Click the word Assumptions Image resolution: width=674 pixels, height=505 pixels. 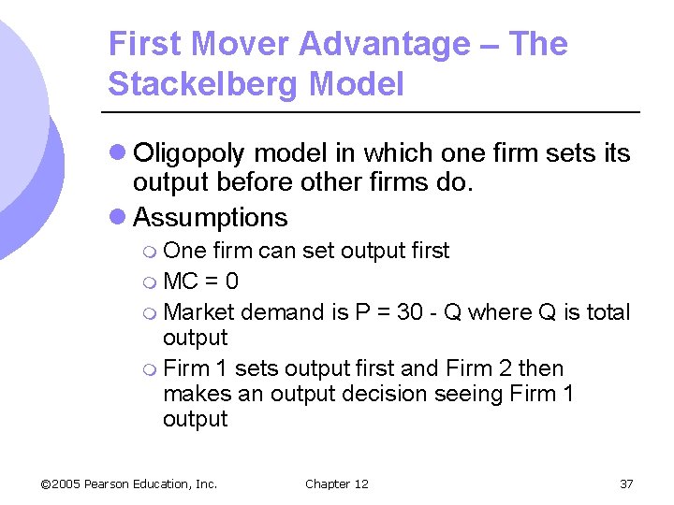[211, 217]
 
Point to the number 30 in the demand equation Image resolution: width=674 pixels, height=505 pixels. [409, 312]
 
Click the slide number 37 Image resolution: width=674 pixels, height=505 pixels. [626, 483]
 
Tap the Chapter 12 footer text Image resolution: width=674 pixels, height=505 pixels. [337, 483]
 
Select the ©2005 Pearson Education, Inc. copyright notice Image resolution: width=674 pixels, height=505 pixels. [129, 483]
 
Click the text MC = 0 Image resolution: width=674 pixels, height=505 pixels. [199, 281]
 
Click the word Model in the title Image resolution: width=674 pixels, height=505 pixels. [359, 85]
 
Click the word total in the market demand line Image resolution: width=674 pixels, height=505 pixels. [608, 312]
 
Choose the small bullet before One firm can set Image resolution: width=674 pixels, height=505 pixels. [152, 252]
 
